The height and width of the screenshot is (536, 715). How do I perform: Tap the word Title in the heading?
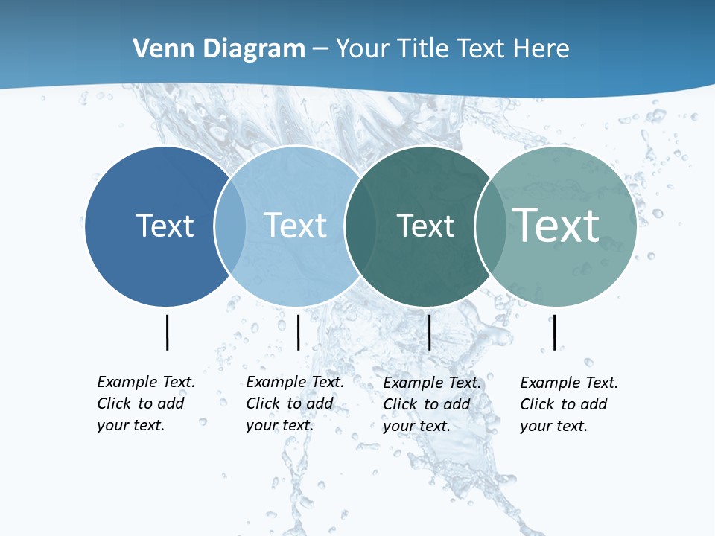[x=422, y=49]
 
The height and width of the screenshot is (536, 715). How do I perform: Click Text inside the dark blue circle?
[x=165, y=226]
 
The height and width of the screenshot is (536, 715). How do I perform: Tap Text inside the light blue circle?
[x=296, y=226]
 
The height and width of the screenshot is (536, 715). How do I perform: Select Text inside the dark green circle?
[x=425, y=226]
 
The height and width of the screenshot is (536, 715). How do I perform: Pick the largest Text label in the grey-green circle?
[x=556, y=225]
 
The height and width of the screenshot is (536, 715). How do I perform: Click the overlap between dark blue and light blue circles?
[x=230, y=226]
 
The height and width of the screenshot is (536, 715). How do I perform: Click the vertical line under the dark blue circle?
[x=168, y=332]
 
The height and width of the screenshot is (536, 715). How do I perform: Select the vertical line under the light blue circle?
[x=298, y=332]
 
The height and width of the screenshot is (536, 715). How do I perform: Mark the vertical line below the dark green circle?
[x=429, y=332]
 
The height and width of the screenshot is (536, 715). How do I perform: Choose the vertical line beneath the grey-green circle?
[x=554, y=332]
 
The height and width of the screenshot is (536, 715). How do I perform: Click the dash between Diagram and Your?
[x=320, y=49]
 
